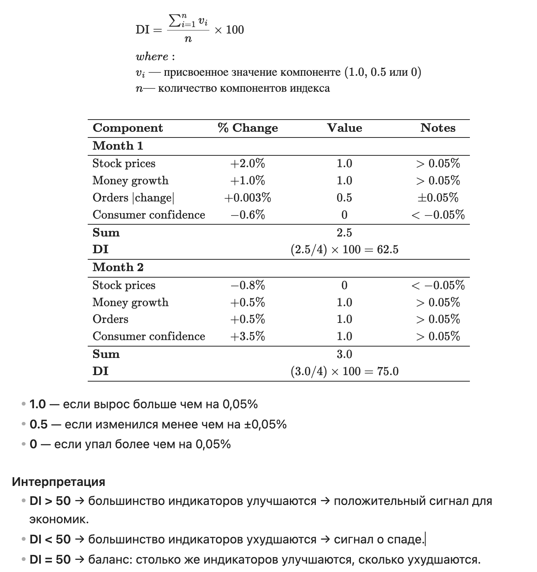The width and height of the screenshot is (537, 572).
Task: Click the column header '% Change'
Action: [x=248, y=128]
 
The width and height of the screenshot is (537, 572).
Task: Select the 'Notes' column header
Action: [x=438, y=128]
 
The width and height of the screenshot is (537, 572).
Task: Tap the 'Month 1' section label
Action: [x=118, y=146]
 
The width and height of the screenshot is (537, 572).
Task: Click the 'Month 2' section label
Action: [x=118, y=267]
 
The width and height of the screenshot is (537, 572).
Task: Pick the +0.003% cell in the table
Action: [x=248, y=198]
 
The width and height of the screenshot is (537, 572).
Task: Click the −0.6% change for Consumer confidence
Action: [x=248, y=215]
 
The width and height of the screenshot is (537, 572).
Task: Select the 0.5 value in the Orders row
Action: [x=344, y=198]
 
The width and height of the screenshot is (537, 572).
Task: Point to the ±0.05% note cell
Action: [x=438, y=198]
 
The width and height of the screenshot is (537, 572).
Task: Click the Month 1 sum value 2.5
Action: [x=344, y=233]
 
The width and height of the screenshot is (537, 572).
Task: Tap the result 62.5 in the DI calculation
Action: [x=387, y=250]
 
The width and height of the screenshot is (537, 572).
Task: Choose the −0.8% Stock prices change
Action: [x=248, y=285]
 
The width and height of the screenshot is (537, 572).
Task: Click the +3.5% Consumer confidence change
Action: [x=248, y=336]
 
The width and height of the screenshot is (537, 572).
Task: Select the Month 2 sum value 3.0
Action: [x=344, y=354]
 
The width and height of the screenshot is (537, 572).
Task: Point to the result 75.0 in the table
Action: [x=387, y=371]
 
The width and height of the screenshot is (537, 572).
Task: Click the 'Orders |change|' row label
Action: [x=133, y=198]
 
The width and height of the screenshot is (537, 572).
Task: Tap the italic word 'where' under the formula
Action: [x=152, y=57]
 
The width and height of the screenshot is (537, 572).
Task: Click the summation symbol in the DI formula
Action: [x=175, y=21]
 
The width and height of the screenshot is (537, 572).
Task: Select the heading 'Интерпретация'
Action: [x=58, y=482]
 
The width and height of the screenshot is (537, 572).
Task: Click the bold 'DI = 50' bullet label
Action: [x=50, y=559]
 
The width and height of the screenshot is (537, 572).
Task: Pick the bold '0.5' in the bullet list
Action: [x=39, y=424]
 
